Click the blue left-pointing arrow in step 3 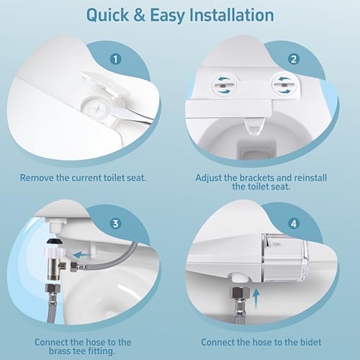(x=85, y=253)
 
